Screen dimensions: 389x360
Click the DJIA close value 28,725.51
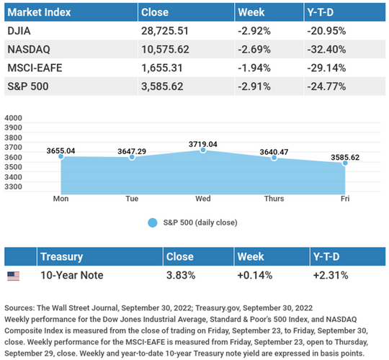tap(165, 31)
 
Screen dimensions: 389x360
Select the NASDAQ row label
tap(29, 50)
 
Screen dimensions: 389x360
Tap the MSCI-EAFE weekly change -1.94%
tap(254, 68)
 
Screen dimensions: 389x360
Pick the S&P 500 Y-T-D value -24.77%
tap(326, 86)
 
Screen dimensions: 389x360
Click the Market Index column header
tap(39, 12)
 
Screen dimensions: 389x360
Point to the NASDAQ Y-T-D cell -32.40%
tap(326, 50)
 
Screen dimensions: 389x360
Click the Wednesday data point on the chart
tap(203, 150)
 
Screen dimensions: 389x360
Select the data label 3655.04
tap(61, 150)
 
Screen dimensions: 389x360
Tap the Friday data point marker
tap(345, 163)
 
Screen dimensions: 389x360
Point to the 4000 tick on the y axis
tap(13, 118)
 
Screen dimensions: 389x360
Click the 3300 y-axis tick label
tap(13, 186)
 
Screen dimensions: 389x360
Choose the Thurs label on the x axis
tap(274, 199)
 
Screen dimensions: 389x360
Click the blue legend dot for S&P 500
tap(153, 222)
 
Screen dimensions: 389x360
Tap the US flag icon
tap(14, 276)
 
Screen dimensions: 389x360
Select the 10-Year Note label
tap(72, 275)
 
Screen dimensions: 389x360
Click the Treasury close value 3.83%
tap(181, 275)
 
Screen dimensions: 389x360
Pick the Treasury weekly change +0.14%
tap(255, 275)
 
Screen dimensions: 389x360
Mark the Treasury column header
tap(61, 256)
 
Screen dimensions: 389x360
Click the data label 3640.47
tap(274, 152)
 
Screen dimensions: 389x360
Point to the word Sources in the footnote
tap(20, 308)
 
